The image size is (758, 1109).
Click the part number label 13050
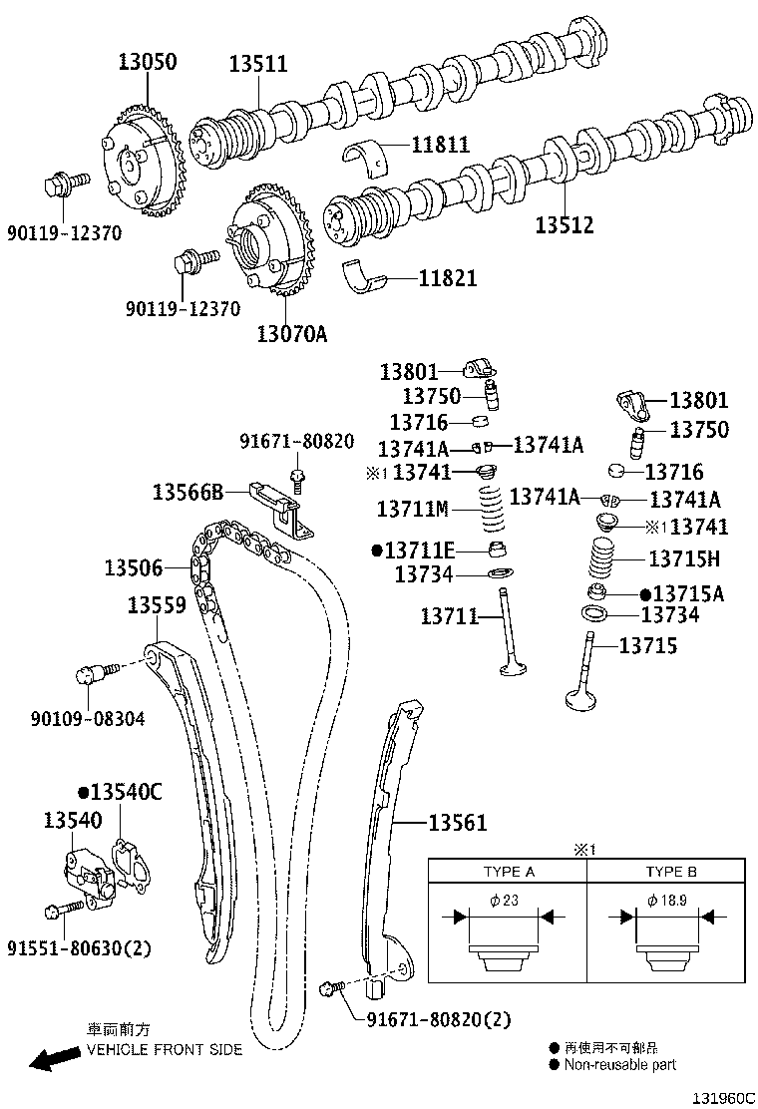pyautogui.click(x=147, y=62)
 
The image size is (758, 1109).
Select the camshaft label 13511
pyautogui.click(x=258, y=64)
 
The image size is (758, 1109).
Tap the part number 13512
pyautogui.click(x=564, y=225)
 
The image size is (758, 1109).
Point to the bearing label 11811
pyautogui.click(x=440, y=145)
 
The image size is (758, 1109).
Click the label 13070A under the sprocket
pyautogui.click(x=292, y=333)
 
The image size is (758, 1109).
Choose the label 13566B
pyautogui.click(x=188, y=491)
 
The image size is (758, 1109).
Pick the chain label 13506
pyautogui.click(x=134, y=567)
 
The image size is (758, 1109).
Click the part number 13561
pyautogui.click(x=458, y=823)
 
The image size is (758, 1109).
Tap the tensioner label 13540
pyautogui.click(x=72, y=820)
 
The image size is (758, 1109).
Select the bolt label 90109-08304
pyautogui.click(x=88, y=719)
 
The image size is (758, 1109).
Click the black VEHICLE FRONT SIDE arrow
pyautogui.click(x=55, y=1058)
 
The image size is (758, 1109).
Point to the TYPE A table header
pyautogui.click(x=509, y=872)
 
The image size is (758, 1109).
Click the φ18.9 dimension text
pyautogui.click(x=667, y=901)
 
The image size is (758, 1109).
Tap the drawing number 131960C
pyautogui.click(x=723, y=1098)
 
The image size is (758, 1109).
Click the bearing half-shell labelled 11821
pyautogui.click(x=365, y=275)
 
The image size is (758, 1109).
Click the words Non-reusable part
pyautogui.click(x=619, y=1064)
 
